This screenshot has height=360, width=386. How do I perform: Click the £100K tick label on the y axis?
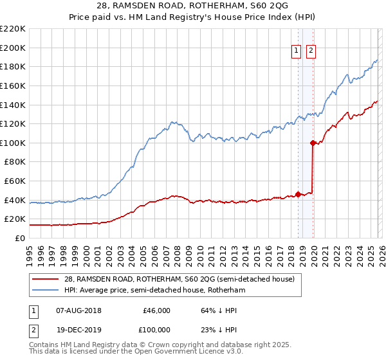click(x=13, y=143)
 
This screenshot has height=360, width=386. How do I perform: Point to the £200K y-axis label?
click(x=13, y=48)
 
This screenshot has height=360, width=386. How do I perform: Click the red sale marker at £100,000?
click(x=313, y=143)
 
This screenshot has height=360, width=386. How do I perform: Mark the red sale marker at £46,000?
click(x=297, y=194)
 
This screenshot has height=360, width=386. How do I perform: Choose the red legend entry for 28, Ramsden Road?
click(x=181, y=279)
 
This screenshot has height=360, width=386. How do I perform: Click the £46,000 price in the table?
click(x=156, y=310)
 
